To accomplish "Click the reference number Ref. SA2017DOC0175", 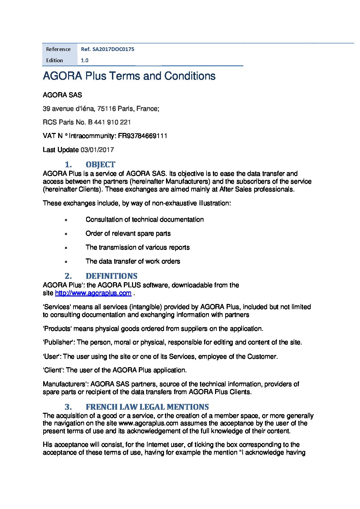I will pos(108,49).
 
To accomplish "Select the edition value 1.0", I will pos(84,60).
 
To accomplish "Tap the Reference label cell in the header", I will pos(59,49).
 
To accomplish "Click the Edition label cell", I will pos(55,60).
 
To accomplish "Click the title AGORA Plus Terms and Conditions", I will pos(129,75).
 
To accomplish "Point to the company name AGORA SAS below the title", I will pos(62,95).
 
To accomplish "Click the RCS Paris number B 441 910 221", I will pos(109,122).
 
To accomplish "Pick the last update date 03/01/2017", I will pos(97,150).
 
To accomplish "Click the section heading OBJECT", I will pos(100,165).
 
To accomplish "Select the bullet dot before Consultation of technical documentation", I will pos(66,220).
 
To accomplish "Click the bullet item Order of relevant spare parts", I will pos(128,234).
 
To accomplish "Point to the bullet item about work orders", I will pos(133,261).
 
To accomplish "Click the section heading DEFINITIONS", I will pos(112,276).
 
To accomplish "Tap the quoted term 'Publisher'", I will pos(59,342).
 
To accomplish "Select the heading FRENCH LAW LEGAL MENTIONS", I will pos(147,407).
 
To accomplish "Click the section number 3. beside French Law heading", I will pos(68,407).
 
